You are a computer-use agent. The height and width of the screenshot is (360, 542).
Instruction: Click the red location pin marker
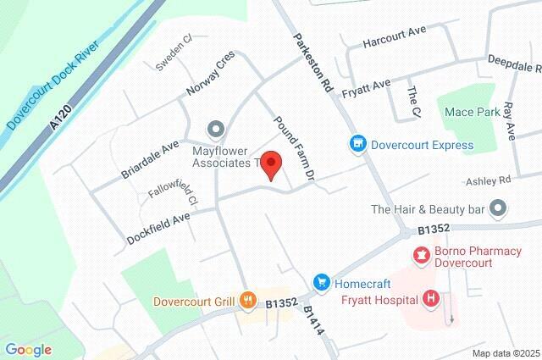270,164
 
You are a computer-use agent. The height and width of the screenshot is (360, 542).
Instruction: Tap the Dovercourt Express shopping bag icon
358,145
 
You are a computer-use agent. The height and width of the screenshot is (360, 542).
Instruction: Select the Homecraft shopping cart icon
321,281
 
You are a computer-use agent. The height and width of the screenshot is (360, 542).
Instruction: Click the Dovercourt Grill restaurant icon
247,300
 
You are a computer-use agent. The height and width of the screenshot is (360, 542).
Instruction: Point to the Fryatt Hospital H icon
431,298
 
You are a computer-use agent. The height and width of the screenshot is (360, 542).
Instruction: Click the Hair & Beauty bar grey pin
498,208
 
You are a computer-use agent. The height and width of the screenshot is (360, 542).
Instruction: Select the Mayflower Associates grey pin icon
216,129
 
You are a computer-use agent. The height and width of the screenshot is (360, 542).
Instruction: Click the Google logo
28,349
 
